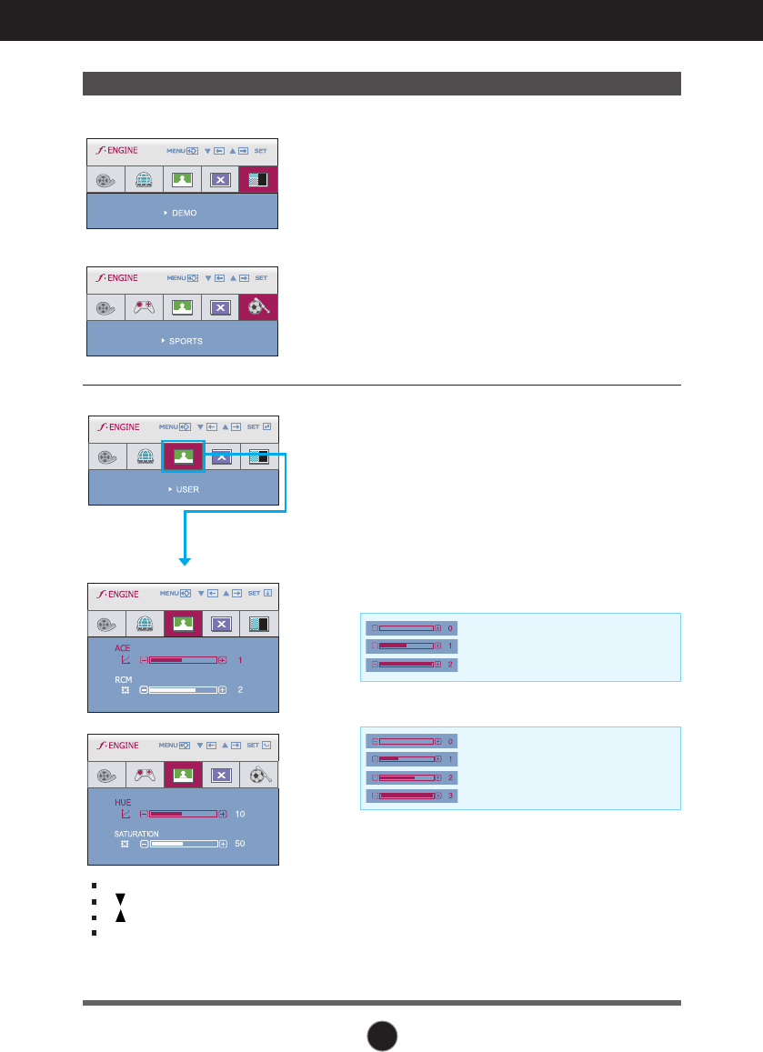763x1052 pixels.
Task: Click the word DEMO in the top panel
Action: coord(184,213)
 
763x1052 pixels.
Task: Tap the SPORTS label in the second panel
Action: coord(186,341)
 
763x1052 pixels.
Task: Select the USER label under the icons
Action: coord(187,489)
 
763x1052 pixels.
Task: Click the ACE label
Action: coord(122,648)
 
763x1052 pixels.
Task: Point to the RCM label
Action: coord(123,679)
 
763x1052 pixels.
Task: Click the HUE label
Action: coord(123,802)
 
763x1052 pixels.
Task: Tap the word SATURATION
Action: coord(136,833)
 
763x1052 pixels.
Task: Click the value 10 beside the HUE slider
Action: coord(241,813)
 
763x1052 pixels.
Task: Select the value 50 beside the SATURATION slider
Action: coord(241,844)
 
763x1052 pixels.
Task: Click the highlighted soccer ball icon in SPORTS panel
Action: coord(258,307)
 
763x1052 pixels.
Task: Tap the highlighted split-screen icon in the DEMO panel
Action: coord(258,179)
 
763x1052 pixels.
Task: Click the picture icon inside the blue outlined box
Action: coord(183,456)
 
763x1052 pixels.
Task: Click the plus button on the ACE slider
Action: coord(223,659)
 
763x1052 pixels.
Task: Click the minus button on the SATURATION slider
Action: coord(144,844)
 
